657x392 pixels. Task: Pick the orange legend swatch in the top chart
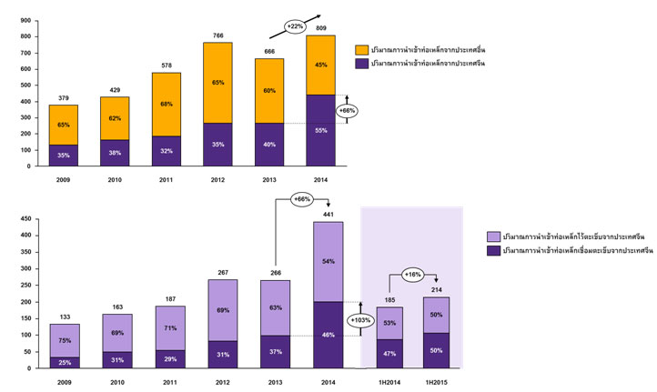[361, 47]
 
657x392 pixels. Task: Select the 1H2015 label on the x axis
[436, 381]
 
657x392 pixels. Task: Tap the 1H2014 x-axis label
[389, 381]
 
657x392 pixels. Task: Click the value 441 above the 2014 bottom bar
[329, 214]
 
